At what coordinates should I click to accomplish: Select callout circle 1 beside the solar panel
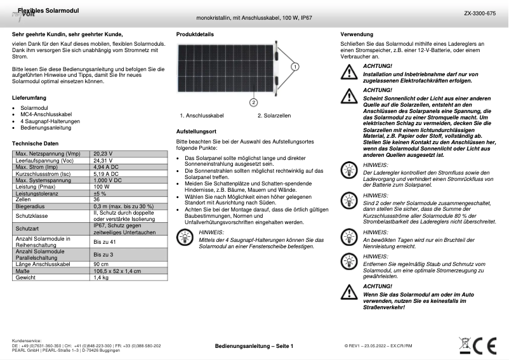tap(295, 66)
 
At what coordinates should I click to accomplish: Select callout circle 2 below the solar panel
tap(253, 102)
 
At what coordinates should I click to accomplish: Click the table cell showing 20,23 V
tap(103, 154)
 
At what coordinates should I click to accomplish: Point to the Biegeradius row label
tap(29, 206)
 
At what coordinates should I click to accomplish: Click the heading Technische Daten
tap(35, 143)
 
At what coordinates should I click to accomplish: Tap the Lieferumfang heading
tap(29, 98)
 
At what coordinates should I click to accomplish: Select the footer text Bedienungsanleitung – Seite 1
tap(254, 346)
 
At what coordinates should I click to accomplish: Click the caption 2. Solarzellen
tap(274, 116)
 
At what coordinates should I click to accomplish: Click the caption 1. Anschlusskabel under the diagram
tap(202, 116)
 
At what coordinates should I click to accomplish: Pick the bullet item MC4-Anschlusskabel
tap(46, 114)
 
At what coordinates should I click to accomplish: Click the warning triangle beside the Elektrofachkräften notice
tap(348, 73)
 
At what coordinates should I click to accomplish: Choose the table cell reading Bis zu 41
tap(105, 242)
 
